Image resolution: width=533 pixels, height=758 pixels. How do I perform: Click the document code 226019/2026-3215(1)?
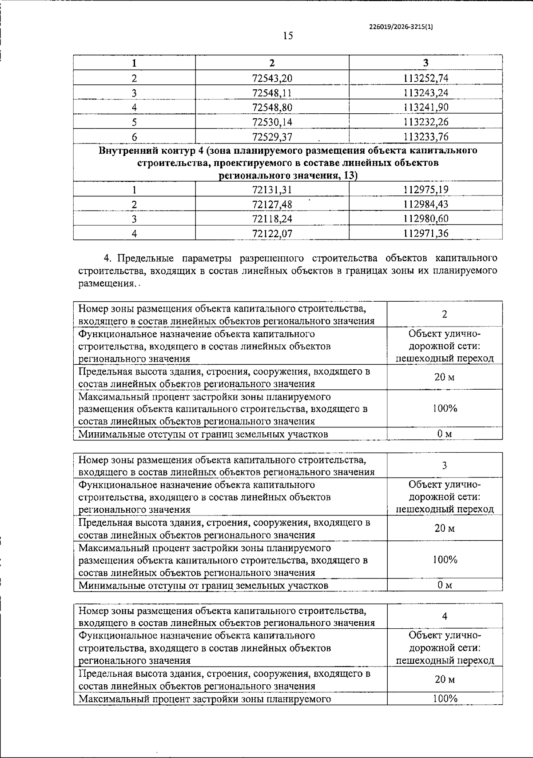pyautogui.click(x=401, y=27)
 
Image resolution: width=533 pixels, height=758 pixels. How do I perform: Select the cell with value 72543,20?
pyautogui.click(x=272, y=78)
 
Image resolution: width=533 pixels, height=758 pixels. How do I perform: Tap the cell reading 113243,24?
pyautogui.click(x=426, y=93)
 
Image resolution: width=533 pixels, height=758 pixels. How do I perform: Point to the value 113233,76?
pyautogui.click(x=426, y=136)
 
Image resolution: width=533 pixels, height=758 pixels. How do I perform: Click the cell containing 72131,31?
pyautogui.click(x=272, y=190)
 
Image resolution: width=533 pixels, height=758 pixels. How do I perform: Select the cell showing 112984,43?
pyautogui.click(x=426, y=204)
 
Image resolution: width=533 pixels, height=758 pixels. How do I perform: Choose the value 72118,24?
pyautogui.click(x=272, y=219)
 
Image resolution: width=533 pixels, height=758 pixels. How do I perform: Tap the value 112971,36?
pyautogui.click(x=426, y=233)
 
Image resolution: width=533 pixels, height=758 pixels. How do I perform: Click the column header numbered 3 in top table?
pyautogui.click(x=426, y=63)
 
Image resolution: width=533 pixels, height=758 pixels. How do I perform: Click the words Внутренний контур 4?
pyautogui.click(x=147, y=150)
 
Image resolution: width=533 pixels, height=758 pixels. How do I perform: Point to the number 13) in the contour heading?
pyautogui.click(x=350, y=176)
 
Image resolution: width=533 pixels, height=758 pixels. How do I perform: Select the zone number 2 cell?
pyautogui.click(x=444, y=314)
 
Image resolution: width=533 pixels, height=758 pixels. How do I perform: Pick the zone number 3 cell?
pyautogui.click(x=444, y=465)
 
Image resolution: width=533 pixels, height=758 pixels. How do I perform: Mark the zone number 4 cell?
pyautogui.click(x=445, y=616)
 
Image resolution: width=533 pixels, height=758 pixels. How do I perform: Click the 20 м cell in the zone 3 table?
pyautogui.click(x=445, y=528)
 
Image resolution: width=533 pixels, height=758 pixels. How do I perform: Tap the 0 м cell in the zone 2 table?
pyautogui.click(x=445, y=434)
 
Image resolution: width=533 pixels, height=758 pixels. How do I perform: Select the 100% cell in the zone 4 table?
pyautogui.click(x=445, y=698)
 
